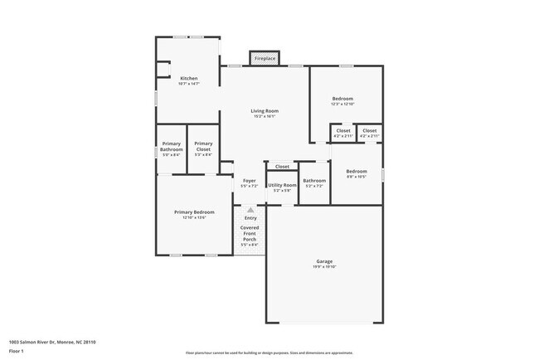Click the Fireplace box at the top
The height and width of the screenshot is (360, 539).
point(265,60)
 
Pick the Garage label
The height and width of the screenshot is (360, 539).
point(324,261)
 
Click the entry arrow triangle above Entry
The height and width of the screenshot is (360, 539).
point(250,210)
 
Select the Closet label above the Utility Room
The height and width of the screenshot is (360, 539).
point(282,167)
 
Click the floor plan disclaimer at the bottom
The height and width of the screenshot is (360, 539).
point(269,353)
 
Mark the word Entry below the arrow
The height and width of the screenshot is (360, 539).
point(250,218)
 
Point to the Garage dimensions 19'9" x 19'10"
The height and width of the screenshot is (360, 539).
point(324,267)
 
